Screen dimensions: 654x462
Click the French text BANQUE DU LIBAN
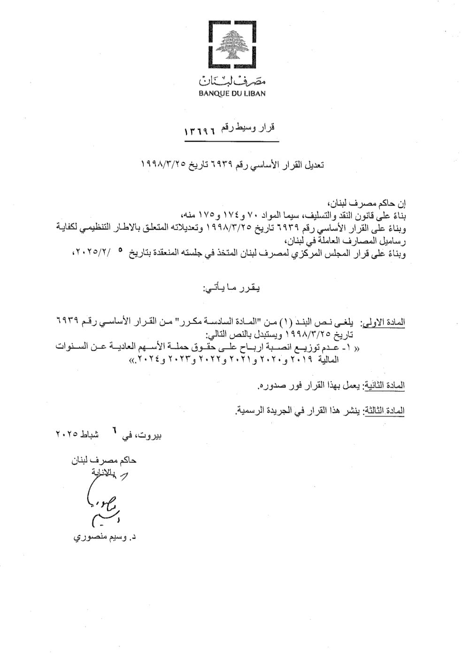tap(231, 93)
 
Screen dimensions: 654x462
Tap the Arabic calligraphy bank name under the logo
tap(231, 80)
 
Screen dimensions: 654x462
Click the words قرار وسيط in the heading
tap(254, 128)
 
